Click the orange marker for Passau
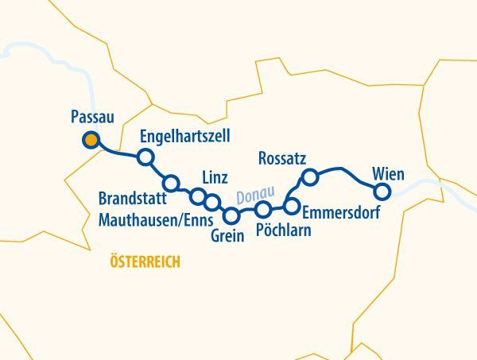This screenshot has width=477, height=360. [x=91, y=141]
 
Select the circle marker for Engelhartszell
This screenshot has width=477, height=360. [x=145, y=157]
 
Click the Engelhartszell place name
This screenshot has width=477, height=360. [x=185, y=137]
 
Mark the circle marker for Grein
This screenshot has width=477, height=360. [x=231, y=215]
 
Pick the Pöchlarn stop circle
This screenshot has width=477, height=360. [x=263, y=210]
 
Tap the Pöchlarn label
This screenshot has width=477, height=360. [x=283, y=231]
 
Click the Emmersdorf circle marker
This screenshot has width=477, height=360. [x=291, y=207]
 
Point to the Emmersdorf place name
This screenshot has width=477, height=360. [x=341, y=212]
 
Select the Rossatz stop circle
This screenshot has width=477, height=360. [x=311, y=176]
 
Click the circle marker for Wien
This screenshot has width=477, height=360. [x=382, y=191]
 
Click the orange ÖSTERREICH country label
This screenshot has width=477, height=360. [x=145, y=261]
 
